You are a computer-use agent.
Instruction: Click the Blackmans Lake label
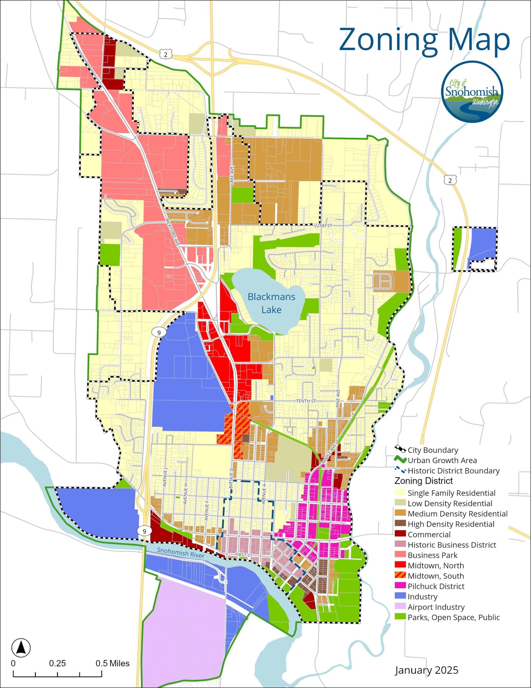pos(271,303)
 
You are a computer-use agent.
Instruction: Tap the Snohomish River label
pos(181,553)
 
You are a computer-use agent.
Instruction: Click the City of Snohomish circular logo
pos(472,92)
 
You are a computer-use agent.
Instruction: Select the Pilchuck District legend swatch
pos(400,586)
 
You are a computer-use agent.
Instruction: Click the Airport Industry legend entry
pos(436,607)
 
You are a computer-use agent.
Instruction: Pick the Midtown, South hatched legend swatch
pos(400,576)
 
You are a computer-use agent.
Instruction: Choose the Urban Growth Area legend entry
pos(442,461)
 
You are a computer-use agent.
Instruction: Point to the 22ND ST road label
pos(323,226)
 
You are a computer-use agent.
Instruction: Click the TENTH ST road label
pos(306,401)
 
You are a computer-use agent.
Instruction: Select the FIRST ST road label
pos(244,555)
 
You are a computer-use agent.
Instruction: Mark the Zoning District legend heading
pos(423,481)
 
